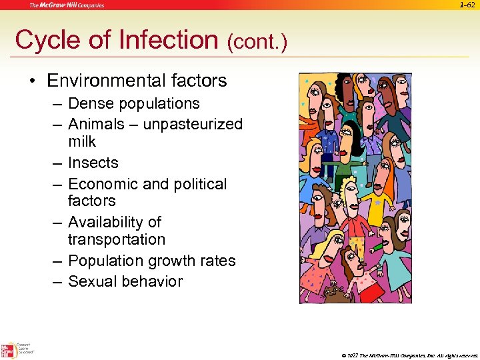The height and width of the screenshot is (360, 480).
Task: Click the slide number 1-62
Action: tap(468, 6)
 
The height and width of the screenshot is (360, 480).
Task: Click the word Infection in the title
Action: tap(169, 40)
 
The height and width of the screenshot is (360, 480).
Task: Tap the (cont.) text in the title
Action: tap(257, 43)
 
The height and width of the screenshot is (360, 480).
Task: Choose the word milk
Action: tap(82, 142)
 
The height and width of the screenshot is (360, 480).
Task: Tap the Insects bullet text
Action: tap(93, 163)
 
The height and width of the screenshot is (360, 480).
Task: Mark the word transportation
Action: tap(117, 239)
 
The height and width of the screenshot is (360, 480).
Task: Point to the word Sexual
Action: tap(92, 281)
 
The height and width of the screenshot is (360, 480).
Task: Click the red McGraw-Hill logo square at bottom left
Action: tap(9, 350)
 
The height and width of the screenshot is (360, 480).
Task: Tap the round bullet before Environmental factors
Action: tap(31, 82)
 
